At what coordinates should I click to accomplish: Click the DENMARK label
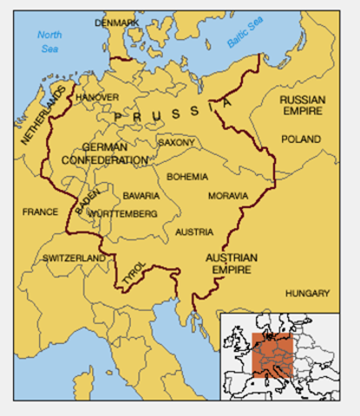click(x=116, y=22)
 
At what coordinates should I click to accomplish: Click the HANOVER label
click(x=95, y=98)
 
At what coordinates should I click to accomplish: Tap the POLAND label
click(x=300, y=139)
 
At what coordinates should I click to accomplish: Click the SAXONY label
click(x=176, y=142)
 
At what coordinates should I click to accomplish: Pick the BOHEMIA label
click(x=187, y=177)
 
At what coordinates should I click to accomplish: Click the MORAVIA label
click(x=228, y=196)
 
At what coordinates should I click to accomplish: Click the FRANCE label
click(x=40, y=211)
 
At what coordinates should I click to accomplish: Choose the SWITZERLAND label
click(x=75, y=258)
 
